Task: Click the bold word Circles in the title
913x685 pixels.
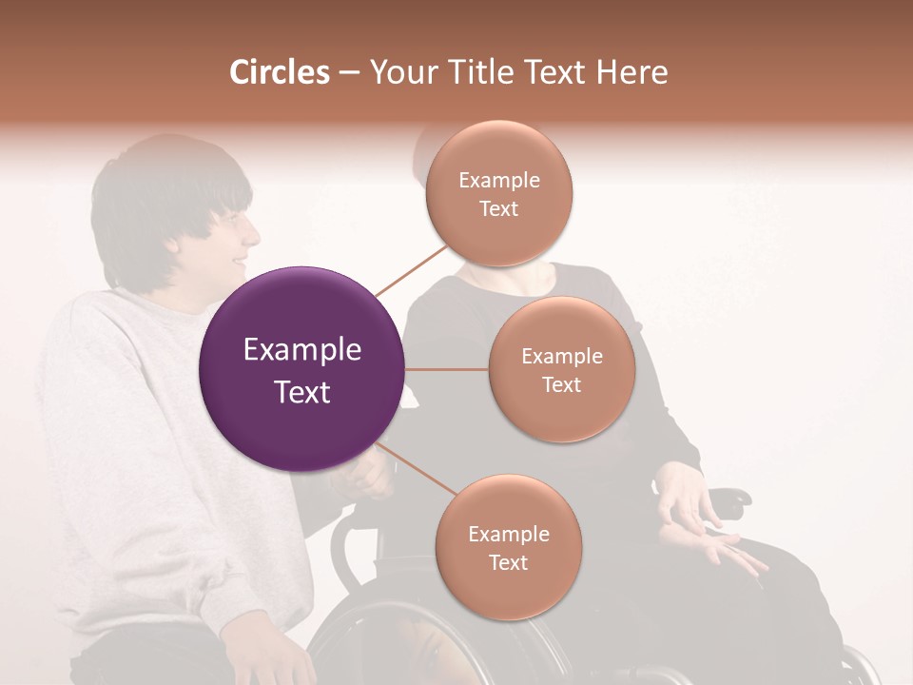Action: coord(280,72)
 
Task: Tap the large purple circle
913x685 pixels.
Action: coord(301,369)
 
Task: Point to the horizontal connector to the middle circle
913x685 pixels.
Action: coord(447,369)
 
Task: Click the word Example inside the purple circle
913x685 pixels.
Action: coord(301,350)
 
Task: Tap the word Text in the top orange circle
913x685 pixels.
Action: coord(499,209)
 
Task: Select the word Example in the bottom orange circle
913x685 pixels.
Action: coord(508,534)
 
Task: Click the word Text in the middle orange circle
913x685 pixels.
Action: coord(562,384)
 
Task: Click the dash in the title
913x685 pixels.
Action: coord(348,73)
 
